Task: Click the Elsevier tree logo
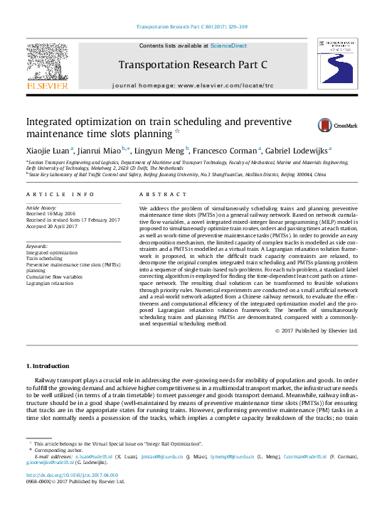[x=47, y=65]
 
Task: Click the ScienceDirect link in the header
[x=228, y=45]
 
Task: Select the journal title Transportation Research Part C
[x=192, y=65]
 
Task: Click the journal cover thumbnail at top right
[x=338, y=65]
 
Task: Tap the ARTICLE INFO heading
[x=60, y=194]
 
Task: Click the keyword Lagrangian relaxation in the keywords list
[x=50, y=283]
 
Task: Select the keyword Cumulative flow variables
[x=54, y=276]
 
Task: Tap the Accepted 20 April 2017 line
[x=53, y=227]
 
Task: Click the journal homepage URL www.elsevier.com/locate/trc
[x=225, y=85]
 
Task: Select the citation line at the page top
[x=192, y=27]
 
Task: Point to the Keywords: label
[x=37, y=246]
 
